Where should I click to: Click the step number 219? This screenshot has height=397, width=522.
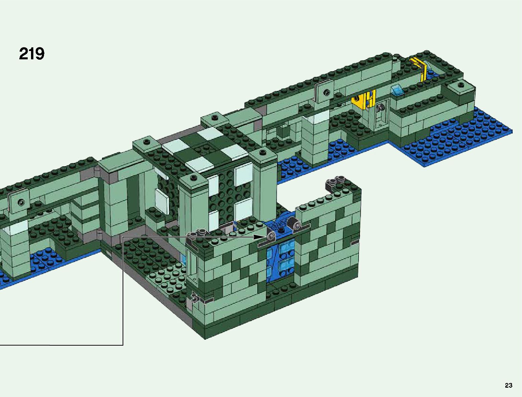tap(32, 54)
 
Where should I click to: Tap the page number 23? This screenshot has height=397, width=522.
tap(508, 385)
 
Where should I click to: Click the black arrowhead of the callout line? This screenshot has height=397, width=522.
tap(259, 237)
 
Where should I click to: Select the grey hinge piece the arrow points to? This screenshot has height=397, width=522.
tap(271, 236)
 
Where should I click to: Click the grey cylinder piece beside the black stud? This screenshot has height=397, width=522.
tap(294, 224)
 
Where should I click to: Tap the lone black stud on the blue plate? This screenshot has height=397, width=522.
tap(281, 230)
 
